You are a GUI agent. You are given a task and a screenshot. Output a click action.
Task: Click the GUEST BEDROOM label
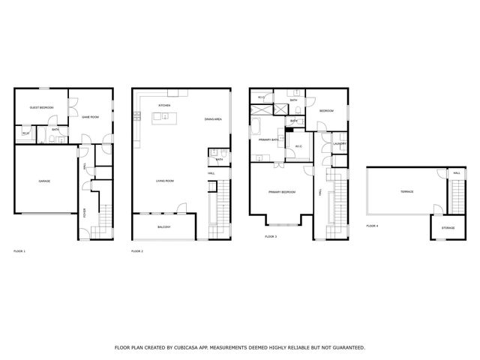pyautogui.click(x=40, y=108)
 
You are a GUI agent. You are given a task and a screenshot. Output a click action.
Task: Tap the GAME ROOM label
pyautogui.click(x=90, y=117)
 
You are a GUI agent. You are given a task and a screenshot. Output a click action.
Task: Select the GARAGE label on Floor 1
pyautogui.click(x=44, y=181)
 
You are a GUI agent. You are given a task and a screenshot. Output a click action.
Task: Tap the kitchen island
pyautogui.click(x=163, y=117)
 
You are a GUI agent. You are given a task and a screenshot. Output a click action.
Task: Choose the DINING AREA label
pyautogui.click(x=213, y=119)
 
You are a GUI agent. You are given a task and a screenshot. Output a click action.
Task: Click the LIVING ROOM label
pyautogui.click(x=165, y=181)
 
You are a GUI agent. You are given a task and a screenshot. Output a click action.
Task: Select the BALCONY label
pyautogui.click(x=163, y=226)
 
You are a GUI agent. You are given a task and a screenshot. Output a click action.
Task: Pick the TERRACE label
pyautogui.click(x=396, y=191)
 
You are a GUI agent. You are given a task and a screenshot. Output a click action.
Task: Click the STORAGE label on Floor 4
pyautogui.click(x=448, y=227)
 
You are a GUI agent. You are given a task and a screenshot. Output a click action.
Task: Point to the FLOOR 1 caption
pyautogui.click(x=19, y=250)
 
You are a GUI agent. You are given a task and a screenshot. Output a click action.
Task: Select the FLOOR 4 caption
pyautogui.click(x=372, y=225)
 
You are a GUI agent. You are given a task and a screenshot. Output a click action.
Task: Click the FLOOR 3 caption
pyautogui.click(x=271, y=236)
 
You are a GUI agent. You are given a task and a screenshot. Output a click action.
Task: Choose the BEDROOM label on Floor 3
pyautogui.click(x=326, y=110)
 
